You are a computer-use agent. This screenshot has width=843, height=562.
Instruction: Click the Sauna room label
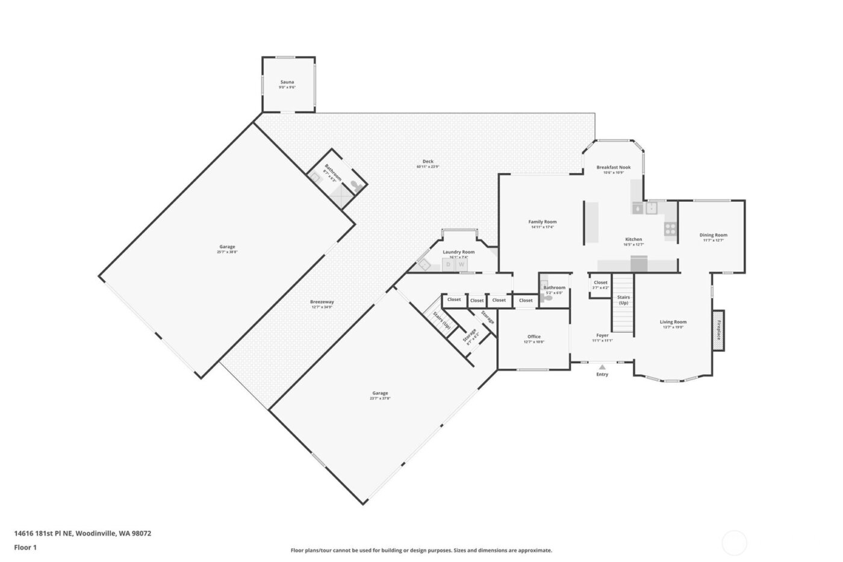(x=287, y=82)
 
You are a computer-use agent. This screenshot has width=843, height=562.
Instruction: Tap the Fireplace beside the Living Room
(x=718, y=330)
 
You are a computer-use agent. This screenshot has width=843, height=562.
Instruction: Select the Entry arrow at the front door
(x=602, y=366)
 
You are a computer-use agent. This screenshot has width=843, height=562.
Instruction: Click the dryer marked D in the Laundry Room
(x=449, y=264)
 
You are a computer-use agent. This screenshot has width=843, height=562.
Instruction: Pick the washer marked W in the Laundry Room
(x=462, y=264)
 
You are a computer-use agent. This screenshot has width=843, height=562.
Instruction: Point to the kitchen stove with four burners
(x=670, y=228)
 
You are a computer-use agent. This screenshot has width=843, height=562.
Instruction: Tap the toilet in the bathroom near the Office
(x=547, y=298)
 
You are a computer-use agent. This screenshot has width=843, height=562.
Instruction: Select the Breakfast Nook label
(x=614, y=167)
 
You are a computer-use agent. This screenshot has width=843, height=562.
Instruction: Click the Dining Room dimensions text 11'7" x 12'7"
(x=713, y=240)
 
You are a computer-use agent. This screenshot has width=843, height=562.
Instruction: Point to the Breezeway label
(x=322, y=302)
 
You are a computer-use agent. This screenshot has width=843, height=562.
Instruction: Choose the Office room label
(x=533, y=337)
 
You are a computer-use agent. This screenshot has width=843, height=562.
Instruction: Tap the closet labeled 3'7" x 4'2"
(x=600, y=285)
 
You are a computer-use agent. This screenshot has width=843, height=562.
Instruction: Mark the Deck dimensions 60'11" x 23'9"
(x=428, y=166)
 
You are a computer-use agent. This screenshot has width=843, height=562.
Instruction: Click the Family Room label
(x=542, y=222)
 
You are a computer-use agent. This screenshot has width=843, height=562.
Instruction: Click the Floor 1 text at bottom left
(x=26, y=548)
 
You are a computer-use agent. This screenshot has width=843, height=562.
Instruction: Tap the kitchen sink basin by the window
(x=652, y=208)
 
